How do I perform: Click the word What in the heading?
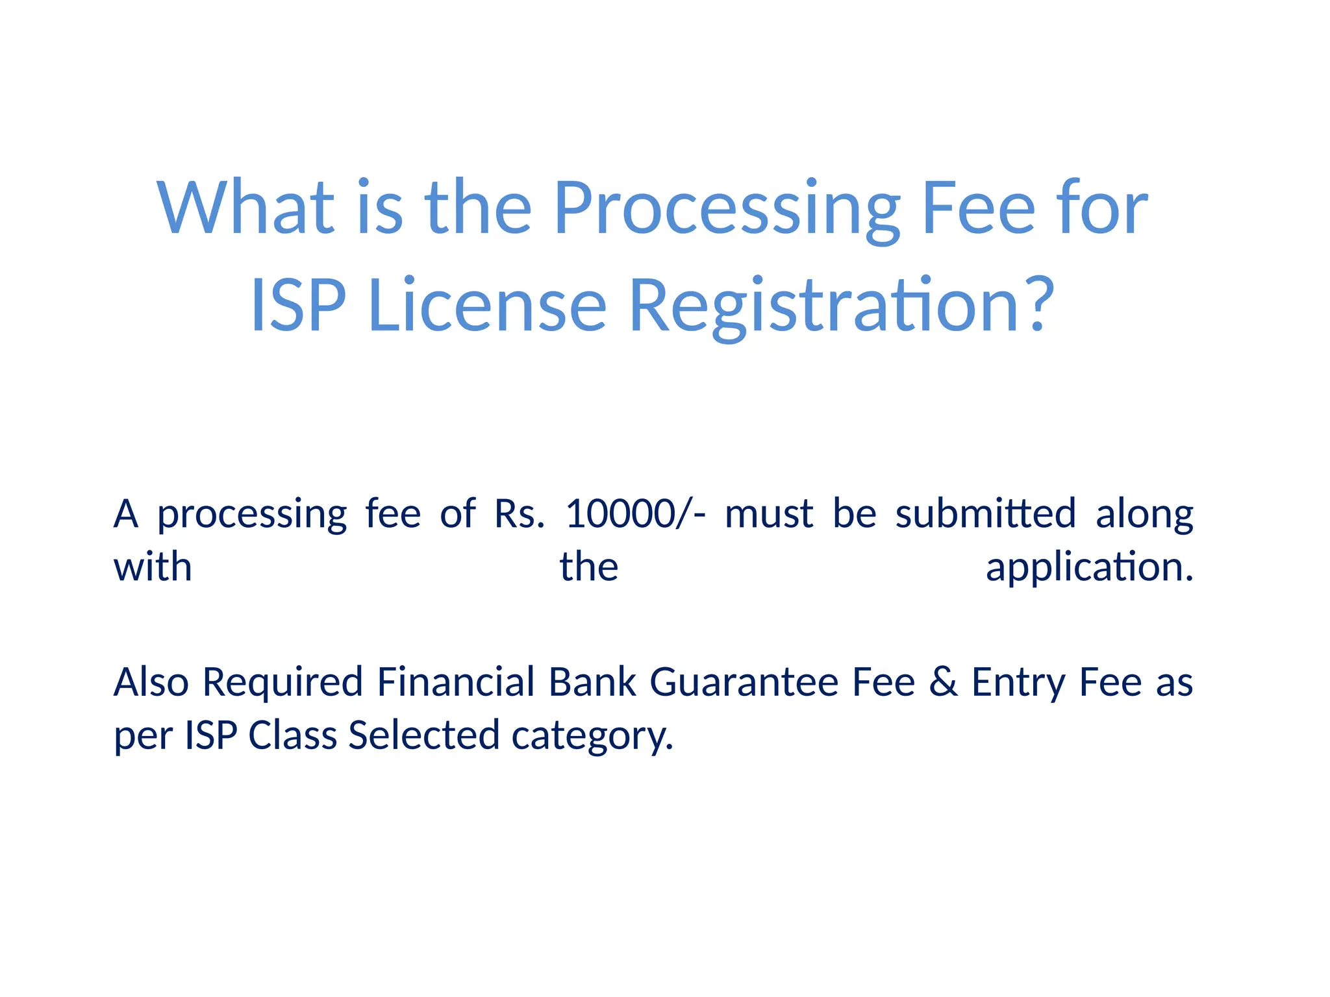[x=245, y=207]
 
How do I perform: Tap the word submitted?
[x=986, y=513]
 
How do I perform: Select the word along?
[x=1144, y=515]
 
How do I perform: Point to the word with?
[x=153, y=567]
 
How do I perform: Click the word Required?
[x=282, y=683]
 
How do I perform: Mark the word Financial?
[x=456, y=682]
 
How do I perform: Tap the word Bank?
[x=592, y=682]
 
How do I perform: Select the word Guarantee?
[x=744, y=682]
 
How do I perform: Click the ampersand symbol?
[x=944, y=682]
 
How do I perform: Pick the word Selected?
[x=424, y=735]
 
